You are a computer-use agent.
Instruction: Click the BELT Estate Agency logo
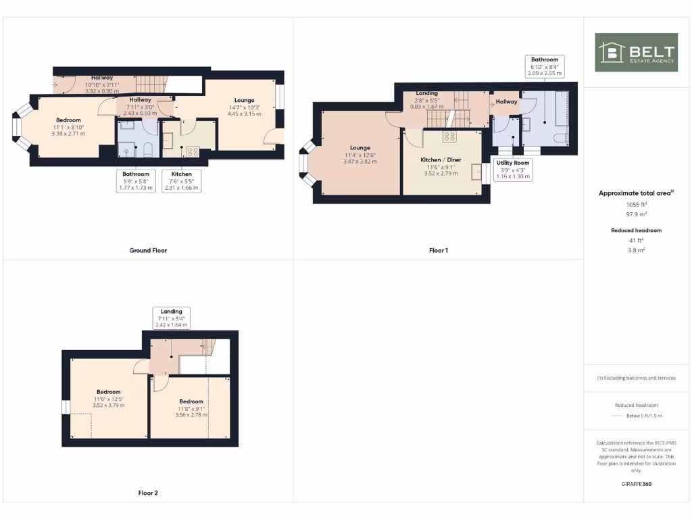(636, 52)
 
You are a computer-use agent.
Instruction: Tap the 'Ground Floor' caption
(148, 250)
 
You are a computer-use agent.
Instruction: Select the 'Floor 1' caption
(439, 250)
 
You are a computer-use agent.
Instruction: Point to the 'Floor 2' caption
(148, 493)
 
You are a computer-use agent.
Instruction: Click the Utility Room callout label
(513, 170)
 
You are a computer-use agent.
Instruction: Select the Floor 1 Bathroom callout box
(544, 66)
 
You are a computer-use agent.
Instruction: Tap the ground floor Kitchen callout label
(181, 180)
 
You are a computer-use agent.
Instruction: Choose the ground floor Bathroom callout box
(136, 180)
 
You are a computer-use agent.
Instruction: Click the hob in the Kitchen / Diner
(449, 137)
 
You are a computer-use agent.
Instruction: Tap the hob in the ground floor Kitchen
(192, 151)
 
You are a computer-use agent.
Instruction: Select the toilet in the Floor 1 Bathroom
(560, 139)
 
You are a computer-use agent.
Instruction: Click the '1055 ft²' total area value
(636, 204)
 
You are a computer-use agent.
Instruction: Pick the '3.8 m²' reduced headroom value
(636, 250)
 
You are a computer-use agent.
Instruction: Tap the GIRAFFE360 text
(636, 484)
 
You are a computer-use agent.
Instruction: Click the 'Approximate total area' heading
(636, 193)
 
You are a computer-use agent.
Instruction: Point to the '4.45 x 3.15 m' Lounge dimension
(244, 114)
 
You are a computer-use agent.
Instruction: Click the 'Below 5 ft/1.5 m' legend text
(644, 416)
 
